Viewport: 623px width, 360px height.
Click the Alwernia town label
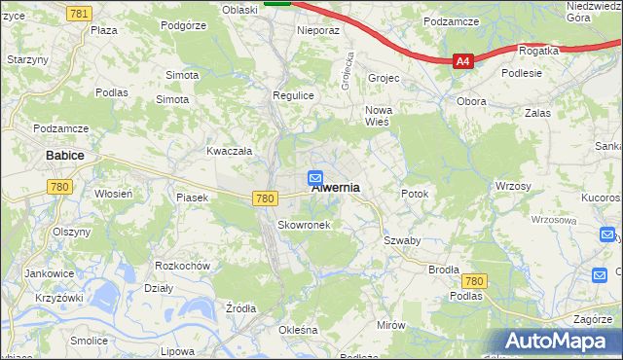336,188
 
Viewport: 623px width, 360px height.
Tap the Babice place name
64,155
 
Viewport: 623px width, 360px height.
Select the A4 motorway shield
463,61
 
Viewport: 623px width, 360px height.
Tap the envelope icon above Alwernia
315,177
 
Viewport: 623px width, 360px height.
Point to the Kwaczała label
229,151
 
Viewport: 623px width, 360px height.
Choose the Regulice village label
292,95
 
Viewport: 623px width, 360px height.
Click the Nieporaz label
317,30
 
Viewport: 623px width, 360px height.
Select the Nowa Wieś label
377,116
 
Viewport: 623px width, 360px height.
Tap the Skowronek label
305,225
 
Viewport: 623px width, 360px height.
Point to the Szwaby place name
401,240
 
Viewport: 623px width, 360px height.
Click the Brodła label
443,269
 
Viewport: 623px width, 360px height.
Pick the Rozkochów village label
183,266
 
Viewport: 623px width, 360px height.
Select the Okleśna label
298,330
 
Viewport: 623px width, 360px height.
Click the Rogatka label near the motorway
538,50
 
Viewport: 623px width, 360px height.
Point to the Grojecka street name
345,70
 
